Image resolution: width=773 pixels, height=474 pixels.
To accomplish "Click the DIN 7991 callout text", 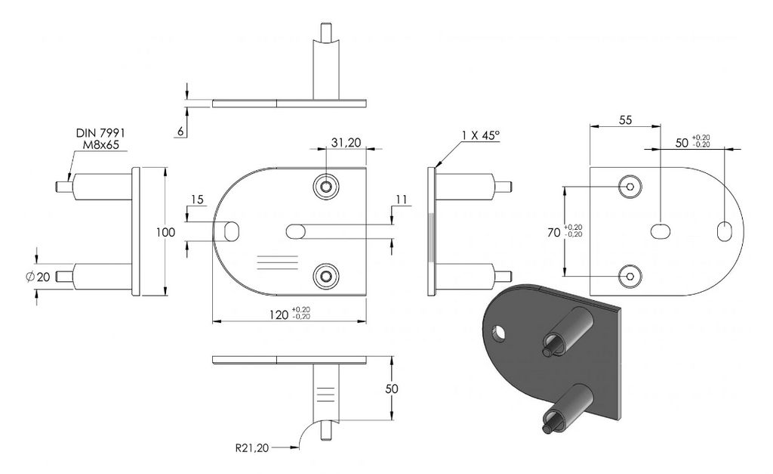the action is pos(100,133).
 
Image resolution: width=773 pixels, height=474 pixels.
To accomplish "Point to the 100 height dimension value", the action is pos(165,232).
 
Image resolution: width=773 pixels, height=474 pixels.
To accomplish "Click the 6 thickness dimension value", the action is pos(180,132).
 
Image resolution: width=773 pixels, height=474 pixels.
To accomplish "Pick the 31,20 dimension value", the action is pos(346,143).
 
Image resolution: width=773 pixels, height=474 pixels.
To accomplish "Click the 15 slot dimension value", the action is pos(197,200).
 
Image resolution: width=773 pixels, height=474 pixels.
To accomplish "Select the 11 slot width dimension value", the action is pos(402,200).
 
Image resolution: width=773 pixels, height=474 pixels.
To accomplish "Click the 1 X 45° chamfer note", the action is pos(481,135).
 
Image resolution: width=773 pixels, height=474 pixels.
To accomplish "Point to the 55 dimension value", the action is pos(625,120).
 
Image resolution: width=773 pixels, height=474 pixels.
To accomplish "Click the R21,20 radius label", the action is pos(252,448).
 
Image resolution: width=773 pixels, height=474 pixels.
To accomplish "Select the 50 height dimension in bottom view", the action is pos(392,389).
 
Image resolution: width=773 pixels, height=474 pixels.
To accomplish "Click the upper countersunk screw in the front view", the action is pos(326,187).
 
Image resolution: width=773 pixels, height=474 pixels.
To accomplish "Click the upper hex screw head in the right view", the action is pos(630,187).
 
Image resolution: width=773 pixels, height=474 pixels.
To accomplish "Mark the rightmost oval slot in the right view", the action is pos(724,231).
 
